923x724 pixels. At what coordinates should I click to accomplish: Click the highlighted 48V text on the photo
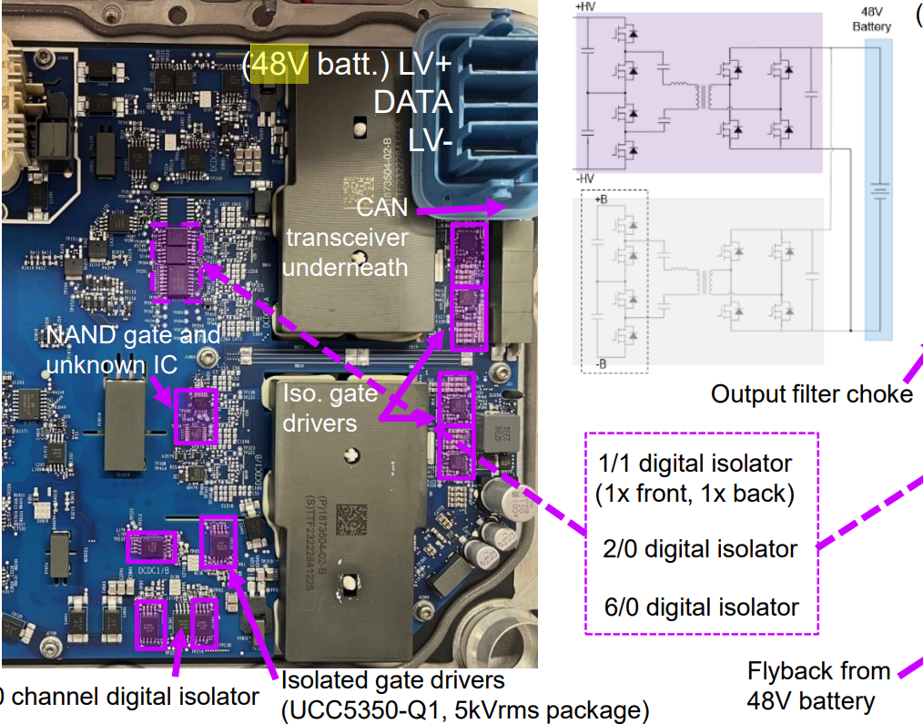pos(272,66)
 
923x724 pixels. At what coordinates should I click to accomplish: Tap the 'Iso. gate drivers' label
pos(330,408)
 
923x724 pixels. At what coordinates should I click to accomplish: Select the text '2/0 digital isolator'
pos(699,549)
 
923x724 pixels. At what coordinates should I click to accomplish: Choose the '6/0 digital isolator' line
pos(701,607)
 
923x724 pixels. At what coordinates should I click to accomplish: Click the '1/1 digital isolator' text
pos(695,464)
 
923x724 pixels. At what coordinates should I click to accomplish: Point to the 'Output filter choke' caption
pos(811,393)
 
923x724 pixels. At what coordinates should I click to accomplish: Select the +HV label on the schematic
pos(587,5)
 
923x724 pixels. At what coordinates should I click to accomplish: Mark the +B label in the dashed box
pos(601,199)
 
